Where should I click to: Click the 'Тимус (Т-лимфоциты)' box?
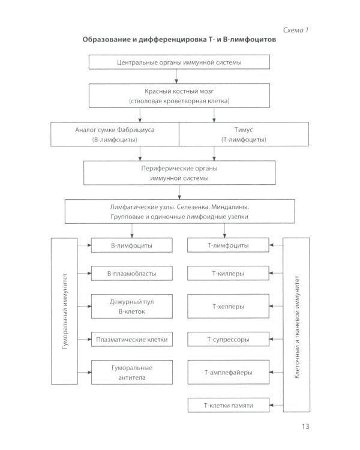(x=244, y=134)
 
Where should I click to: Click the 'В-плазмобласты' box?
(x=132, y=274)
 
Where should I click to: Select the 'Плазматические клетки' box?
(x=132, y=340)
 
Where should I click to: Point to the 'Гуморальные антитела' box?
(x=132, y=373)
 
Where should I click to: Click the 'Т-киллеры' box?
(x=227, y=274)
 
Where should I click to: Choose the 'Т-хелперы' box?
(x=227, y=307)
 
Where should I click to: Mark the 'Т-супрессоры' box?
(x=227, y=340)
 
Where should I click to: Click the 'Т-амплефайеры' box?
(x=227, y=373)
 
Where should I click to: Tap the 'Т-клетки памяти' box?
(x=227, y=406)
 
